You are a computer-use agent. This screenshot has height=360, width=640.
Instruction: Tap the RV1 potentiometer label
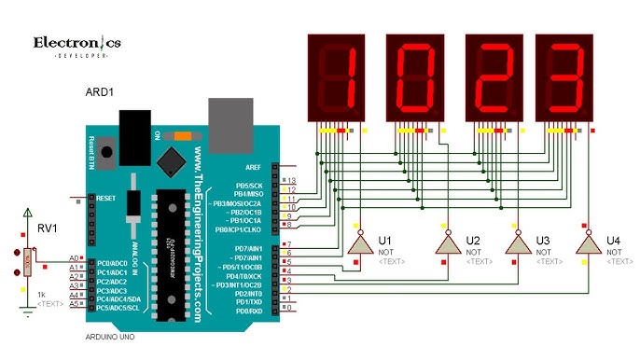[x=46, y=228]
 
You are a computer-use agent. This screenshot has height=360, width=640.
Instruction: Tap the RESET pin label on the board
[x=104, y=198]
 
